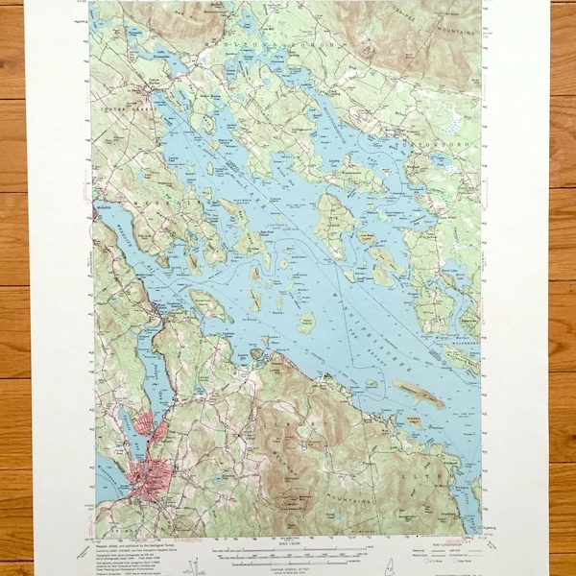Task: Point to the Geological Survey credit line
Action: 134,540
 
